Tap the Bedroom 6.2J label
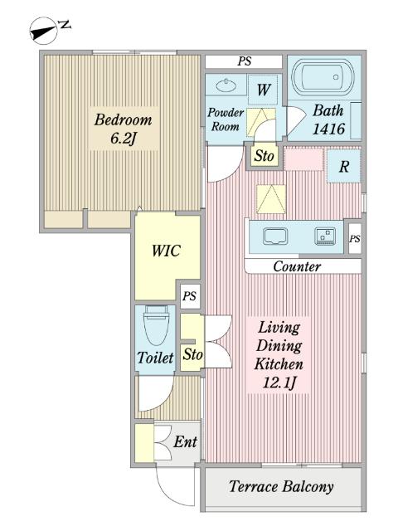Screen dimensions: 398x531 [x=124, y=129]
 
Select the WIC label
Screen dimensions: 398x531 [x=166, y=251]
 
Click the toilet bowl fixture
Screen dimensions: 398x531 [x=156, y=325]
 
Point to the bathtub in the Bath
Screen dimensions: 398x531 [x=323, y=77]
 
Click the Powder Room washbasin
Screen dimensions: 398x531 [x=226, y=85]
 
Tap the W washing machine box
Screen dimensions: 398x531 [x=265, y=90]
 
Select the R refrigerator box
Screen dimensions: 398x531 [x=343, y=166]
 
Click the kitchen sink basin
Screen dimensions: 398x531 [x=275, y=236]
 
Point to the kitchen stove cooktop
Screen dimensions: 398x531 [x=325, y=236]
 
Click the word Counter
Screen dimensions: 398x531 [x=297, y=266]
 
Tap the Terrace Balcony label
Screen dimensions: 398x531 [x=281, y=487]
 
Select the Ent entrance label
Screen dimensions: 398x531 [x=185, y=441]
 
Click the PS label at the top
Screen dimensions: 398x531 [x=245, y=61]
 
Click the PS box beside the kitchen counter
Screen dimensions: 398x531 [x=355, y=238]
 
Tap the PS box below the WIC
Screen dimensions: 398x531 [x=190, y=296]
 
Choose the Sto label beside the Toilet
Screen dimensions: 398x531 [x=192, y=354]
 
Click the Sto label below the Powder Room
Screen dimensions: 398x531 [x=264, y=156]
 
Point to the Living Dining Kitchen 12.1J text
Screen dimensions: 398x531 [x=279, y=355]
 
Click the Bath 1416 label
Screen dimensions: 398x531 [x=328, y=119]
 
